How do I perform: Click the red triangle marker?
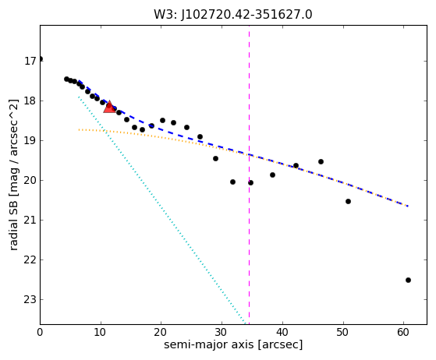point(109,108)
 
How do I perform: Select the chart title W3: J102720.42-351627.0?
point(233,14)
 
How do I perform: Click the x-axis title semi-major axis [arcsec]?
point(233,344)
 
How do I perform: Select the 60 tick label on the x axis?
point(403,332)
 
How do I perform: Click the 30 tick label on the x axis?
point(222,332)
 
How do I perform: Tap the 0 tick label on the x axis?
point(40,332)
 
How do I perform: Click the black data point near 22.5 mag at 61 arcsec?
point(408,280)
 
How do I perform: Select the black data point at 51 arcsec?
point(348,201)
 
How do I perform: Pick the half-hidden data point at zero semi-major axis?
point(41,59)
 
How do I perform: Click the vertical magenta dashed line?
point(249,175)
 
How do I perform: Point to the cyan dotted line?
point(161,210)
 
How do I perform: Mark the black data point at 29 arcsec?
point(215,159)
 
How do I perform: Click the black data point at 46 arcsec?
point(321,161)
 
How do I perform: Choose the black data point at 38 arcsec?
point(272,175)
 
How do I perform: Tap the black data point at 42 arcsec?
point(296,165)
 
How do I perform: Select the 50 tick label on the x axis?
point(343,332)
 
